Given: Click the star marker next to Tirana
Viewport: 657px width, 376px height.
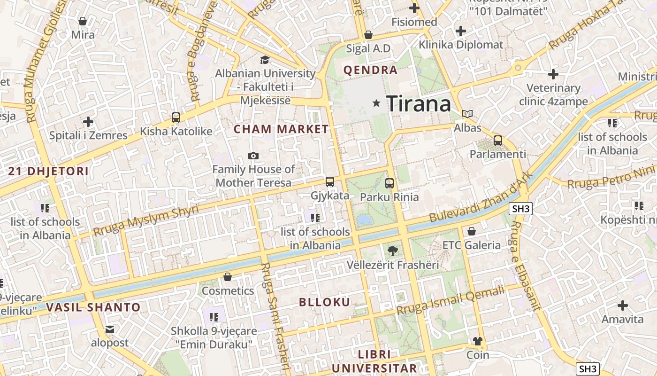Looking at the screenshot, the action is (376, 103).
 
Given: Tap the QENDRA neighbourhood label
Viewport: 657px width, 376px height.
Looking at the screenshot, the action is (370, 70).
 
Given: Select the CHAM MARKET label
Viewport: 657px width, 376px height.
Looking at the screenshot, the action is (281, 129).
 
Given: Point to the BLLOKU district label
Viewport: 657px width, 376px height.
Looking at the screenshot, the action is (325, 302).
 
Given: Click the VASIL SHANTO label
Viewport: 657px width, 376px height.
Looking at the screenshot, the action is (93, 308).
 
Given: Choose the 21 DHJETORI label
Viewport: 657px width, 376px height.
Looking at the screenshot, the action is (48, 171).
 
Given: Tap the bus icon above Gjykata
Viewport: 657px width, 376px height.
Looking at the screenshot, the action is (330, 182).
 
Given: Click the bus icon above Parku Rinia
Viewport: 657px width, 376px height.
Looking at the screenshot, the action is (390, 183).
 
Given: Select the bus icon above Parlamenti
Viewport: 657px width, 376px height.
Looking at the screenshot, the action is (498, 141).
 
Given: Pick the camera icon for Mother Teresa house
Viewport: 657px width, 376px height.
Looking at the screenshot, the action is (253, 156).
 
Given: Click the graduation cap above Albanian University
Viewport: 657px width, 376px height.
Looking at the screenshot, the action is (265, 60).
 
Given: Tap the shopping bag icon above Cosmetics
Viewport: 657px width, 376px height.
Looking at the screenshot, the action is (228, 277).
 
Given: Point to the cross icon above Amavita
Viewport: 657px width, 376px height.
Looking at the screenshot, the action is (623, 305).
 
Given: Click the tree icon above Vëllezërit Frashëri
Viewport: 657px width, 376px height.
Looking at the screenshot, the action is (393, 251).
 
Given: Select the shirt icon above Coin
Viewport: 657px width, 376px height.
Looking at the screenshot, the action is (478, 341).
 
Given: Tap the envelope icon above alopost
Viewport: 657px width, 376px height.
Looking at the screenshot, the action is (109, 329).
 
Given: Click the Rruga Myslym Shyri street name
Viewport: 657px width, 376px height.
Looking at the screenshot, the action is (145, 221).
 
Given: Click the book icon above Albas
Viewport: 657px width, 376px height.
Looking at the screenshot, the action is (467, 114).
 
